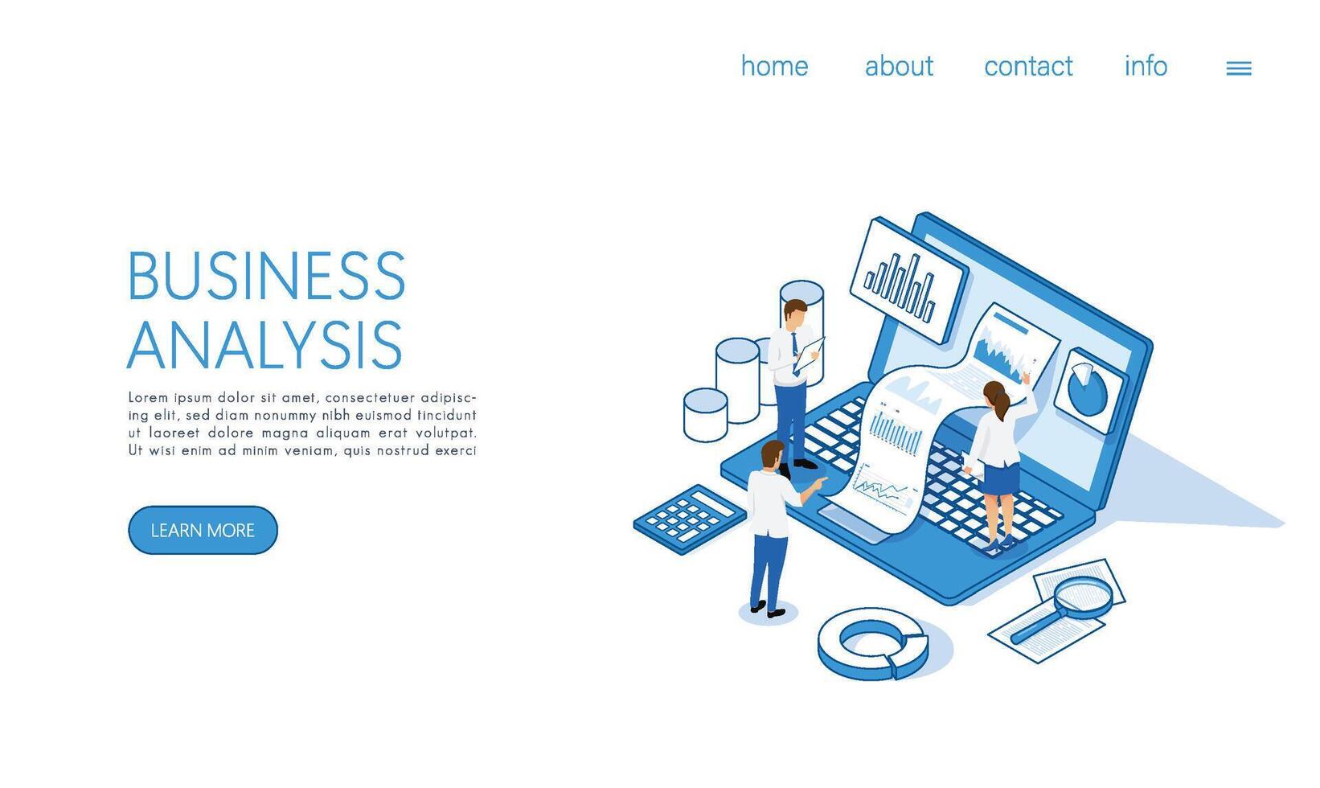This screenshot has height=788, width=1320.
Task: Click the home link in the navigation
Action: point(774,65)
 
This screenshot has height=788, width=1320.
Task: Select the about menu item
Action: point(899,65)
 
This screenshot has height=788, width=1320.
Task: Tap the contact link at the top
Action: point(1028,66)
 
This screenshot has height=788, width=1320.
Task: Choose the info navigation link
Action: point(1146,65)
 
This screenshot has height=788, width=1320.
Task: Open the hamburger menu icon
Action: point(1239,68)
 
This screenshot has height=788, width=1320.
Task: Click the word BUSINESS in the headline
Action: point(266,275)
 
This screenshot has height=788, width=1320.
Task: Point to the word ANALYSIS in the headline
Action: point(264,345)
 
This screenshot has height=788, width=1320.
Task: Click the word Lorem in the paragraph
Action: point(148,397)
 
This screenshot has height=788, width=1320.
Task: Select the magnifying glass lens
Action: point(1083,597)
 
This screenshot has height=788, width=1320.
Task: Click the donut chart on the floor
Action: point(873,643)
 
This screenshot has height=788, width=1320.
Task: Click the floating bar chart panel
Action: point(908,281)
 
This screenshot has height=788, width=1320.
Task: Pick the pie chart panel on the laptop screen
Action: point(1088,390)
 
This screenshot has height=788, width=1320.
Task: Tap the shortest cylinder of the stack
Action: point(705,415)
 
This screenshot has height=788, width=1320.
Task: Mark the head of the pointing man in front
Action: point(772,455)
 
